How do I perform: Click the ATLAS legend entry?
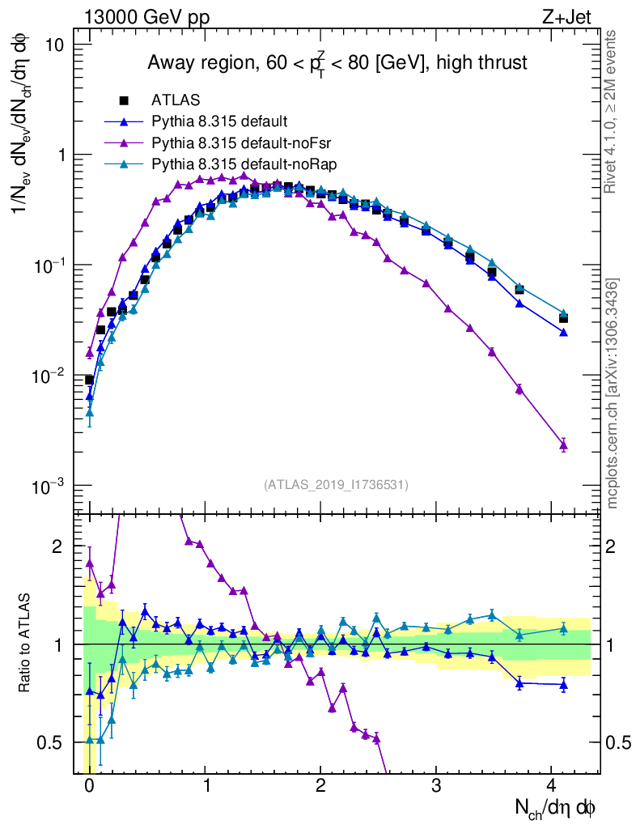point(176,100)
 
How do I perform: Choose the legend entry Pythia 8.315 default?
point(219,122)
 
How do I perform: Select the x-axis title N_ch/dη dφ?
point(556,809)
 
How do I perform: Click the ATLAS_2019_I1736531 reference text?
point(336,485)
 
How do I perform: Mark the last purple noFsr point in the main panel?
point(563,444)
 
